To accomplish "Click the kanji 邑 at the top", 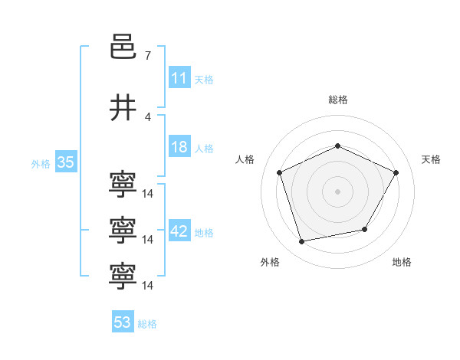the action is pyautogui.click(x=123, y=47).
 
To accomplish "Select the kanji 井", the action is pyautogui.click(x=123, y=107).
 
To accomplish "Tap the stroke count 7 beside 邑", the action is pyautogui.click(x=148, y=56).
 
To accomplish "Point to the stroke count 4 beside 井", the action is pyautogui.click(x=148, y=117).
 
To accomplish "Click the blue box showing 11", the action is pyautogui.click(x=179, y=77).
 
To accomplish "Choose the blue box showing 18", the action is pyautogui.click(x=179, y=146).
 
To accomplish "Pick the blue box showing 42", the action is pyautogui.click(x=179, y=230).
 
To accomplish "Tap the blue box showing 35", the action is pyautogui.click(x=66, y=162).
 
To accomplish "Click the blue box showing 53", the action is pyautogui.click(x=123, y=321).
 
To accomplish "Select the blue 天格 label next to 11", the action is pyautogui.click(x=204, y=80).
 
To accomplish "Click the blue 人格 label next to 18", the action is pyautogui.click(x=204, y=149).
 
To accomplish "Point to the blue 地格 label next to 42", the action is pyautogui.click(x=204, y=233).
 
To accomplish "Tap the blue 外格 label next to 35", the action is pyautogui.click(x=41, y=164).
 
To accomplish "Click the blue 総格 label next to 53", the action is pyautogui.click(x=147, y=324).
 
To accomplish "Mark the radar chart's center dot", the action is pyautogui.click(x=337, y=191).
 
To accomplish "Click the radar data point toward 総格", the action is pyautogui.click(x=337, y=146).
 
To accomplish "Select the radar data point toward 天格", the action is pyautogui.click(x=396, y=172).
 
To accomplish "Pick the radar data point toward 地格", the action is pyautogui.click(x=365, y=229).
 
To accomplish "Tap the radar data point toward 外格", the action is pyautogui.click(x=301, y=241).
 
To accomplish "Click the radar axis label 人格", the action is pyautogui.click(x=245, y=159).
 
